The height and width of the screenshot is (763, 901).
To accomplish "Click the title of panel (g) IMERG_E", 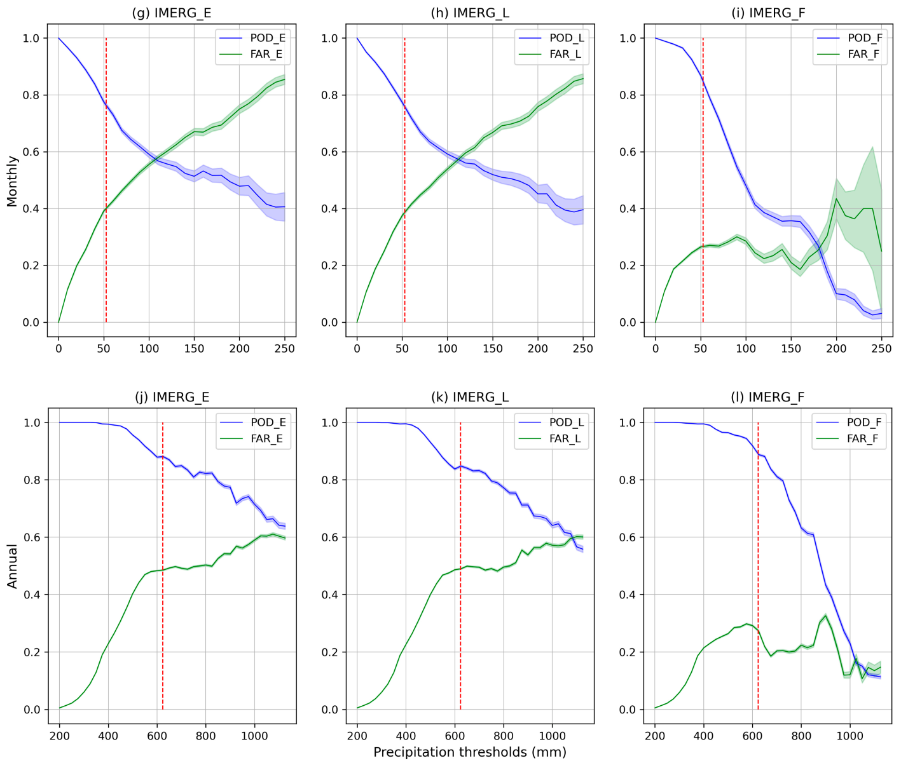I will (x=172, y=13).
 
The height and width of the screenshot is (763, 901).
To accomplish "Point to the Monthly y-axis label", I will (x=12, y=181).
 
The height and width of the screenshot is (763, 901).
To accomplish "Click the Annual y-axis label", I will (x=12, y=565).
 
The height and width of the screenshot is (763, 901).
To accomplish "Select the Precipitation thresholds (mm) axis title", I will (x=469, y=752).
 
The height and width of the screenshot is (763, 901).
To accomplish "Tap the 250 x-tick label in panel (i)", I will (x=881, y=348).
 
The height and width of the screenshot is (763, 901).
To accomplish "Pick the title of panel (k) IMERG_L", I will (x=470, y=397).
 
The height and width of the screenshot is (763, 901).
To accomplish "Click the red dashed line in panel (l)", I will (x=758, y=572).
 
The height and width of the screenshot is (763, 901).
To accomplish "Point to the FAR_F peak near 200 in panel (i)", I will (x=836, y=199).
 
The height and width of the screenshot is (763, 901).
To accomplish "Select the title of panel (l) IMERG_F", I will (x=768, y=397).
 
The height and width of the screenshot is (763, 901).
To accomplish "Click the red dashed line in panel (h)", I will (x=404, y=191).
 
